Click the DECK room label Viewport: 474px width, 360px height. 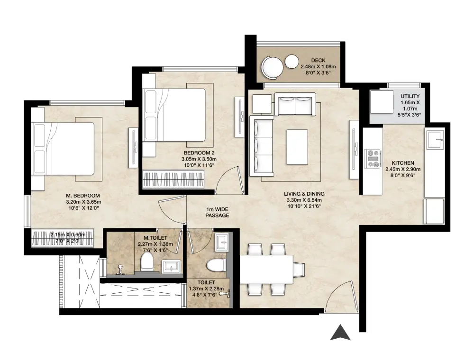point(318,61)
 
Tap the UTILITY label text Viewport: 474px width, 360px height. point(410,96)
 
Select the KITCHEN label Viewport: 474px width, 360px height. point(402,163)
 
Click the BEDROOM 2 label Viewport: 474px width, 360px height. point(199,153)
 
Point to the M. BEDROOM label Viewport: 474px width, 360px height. point(83,196)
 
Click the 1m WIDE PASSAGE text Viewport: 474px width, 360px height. point(217,212)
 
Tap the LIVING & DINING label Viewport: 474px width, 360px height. point(304,194)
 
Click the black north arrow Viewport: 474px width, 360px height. point(340,333)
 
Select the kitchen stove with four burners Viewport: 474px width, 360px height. point(373,159)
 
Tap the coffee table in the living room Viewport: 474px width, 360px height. point(297,147)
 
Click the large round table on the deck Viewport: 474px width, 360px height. point(273,68)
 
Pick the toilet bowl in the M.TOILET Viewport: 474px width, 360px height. point(147,262)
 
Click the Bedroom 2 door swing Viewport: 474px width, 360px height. point(229,180)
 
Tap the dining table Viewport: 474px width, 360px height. point(266,270)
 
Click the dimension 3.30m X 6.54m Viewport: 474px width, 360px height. point(304,200)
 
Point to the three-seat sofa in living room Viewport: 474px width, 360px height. point(262,146)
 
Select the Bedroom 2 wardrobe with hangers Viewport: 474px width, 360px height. point(173,180)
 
